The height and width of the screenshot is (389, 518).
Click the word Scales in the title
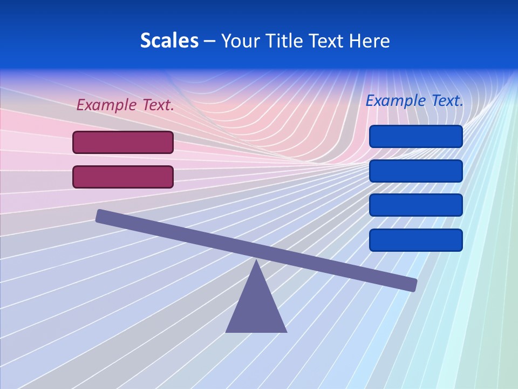click(x=169, y=41)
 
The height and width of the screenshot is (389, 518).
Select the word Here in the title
click(x=369, y=41)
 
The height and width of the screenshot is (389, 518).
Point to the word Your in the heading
click(x=241, y=41)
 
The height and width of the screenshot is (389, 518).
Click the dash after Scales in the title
click(x=210, y=41)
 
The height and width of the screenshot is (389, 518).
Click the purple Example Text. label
click(x=125, y=105)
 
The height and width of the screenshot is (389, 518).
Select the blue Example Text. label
click(x=414, y=100)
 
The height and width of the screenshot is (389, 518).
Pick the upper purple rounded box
click(x=123, y=142)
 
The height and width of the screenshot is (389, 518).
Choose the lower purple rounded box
click(x=123, y=177)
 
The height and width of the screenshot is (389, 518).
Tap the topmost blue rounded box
click(x=415, y=136)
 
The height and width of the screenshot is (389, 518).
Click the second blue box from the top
click(x=415, y=171)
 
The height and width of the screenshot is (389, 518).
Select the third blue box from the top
click(x=415, y=205)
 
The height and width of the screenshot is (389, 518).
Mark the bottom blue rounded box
click(x=415, y=240)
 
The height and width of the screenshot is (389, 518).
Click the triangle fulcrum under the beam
click(x=256, y=308)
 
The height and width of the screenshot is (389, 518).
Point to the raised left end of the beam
click(x=101, y=216)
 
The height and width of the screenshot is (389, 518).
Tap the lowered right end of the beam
click(x=412, y=284)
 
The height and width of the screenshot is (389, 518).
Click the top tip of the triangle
click(x=256, y=261)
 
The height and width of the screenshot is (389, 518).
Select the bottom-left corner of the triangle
click(x=227, y=331)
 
